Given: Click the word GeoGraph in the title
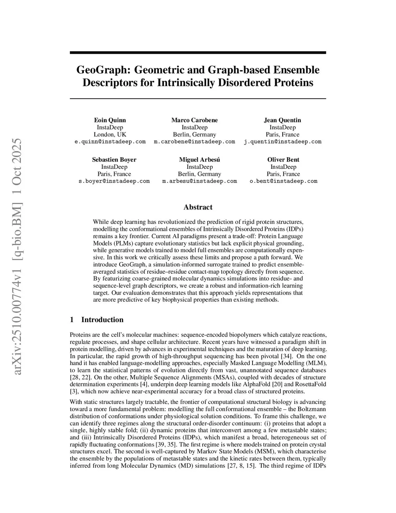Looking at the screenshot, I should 103,70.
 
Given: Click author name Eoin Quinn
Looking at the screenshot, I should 110,120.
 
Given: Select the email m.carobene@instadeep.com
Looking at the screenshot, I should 194,142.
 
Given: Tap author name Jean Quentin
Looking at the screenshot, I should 282,120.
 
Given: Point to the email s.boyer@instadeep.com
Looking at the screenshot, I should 114,181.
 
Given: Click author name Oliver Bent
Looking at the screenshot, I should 283,160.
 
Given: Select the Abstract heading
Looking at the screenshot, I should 198,207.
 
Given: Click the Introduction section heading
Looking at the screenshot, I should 102,320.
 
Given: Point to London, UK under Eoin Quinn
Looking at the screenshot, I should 110,134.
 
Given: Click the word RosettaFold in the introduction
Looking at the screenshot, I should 311,384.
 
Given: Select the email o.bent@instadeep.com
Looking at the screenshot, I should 283,181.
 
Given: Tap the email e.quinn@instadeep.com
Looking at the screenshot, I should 110,142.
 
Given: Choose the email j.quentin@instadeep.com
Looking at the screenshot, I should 282,142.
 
